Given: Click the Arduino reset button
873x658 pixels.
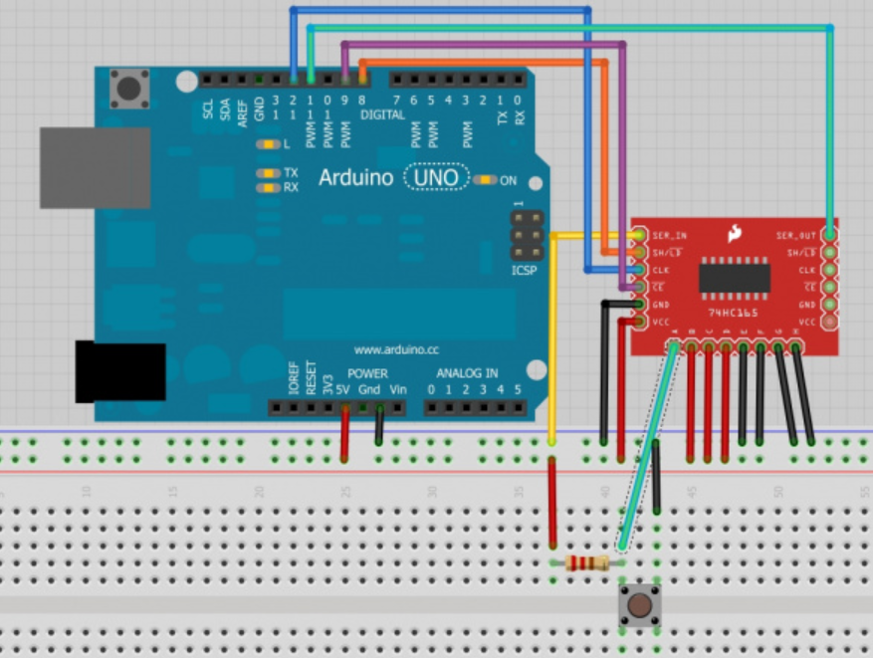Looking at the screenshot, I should tap(129, 88).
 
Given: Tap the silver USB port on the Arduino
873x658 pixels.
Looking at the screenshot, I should tap(81, 167).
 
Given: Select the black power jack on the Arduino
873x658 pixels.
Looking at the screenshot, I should tap(120, 370).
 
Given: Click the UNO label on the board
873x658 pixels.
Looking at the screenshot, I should tap(437, 178).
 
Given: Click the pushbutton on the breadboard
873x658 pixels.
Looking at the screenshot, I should tap(639, 603).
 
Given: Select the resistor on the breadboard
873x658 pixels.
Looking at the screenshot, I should tap(586, 564).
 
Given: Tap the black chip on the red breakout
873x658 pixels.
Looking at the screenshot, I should tap(735, 277).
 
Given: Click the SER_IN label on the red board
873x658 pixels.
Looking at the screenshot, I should tap(669, 236).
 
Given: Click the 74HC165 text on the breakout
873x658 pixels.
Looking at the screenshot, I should tap(734, 312).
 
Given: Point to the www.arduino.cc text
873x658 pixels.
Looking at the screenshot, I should tap(396, 350).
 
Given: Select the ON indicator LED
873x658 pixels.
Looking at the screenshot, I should tap(484, 180).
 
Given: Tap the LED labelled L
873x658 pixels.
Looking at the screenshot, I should tap(266, 144).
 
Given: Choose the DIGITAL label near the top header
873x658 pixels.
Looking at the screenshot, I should tap(382, 115).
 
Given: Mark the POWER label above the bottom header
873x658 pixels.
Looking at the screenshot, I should tap(367, 373).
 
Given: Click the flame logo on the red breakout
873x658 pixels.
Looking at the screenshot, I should tap(735, 234).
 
